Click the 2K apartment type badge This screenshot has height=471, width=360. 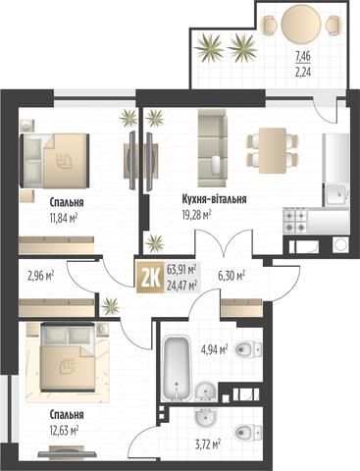pyautogui.click(x=150, y=278)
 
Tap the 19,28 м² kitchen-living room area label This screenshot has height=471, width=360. pyautogui.click(x=196, y=215)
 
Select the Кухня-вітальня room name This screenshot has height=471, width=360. pyautogui.click(x=214, y=199)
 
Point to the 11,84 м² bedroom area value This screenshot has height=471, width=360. pyautogui.click(x=64, y=218)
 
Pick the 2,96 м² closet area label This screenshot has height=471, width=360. pyautogui.click(x=41, y=277)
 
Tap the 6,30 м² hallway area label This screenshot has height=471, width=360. pyautogui.click(x=231, y=277)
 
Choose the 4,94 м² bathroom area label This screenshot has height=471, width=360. pyautogui.click(x=215, y=350)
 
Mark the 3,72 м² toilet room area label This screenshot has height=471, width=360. pyautogui.click(x=206, y=445)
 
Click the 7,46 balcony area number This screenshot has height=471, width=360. pyautogui.click(x=303, y=56)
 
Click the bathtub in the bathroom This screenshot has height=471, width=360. pyautogui.click(x=177, y=368)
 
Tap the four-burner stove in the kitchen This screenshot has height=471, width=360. pyautogui.click(x=295, y=221)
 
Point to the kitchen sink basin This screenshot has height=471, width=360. pyautogui.click(x=334, y=195)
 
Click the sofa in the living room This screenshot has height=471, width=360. pyautogui.click(x=212, y=148)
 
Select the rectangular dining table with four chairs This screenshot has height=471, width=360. pyautogui.click(x=273, y=150)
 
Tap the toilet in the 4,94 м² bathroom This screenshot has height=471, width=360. pyautogui.click(x=248, y=350)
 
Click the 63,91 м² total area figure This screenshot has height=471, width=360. pyautogui.click(x=181, y=270)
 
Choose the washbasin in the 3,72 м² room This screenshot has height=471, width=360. pyautogui.click(x=205, y=417)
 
